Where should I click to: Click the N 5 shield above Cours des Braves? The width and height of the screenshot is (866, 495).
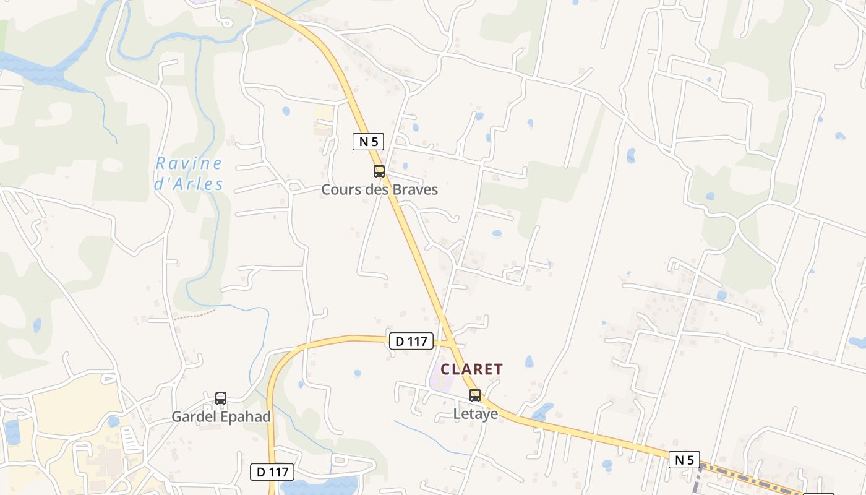[368, 142]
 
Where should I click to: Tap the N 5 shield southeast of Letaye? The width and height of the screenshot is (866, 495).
[684, 460]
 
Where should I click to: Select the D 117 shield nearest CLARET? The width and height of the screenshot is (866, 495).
[411, 341]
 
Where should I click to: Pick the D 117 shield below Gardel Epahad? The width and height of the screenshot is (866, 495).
[272, 472]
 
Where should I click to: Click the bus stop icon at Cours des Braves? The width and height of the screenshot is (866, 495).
[379, 171]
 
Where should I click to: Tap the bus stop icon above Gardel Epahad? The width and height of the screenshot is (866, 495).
[221, 398]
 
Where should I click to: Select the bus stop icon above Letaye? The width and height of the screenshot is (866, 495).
[475, 395]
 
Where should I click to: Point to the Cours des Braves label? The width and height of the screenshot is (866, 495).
[379, 190]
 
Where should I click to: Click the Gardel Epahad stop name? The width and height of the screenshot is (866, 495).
[221, 417]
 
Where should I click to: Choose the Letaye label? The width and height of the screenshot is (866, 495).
[476, 414]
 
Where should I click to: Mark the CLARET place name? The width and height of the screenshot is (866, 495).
[471, 369]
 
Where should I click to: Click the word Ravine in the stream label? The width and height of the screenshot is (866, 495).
[189, 164]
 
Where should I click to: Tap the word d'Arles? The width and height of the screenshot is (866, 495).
[189, 184]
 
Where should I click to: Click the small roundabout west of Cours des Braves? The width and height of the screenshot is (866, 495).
[294, 186]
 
